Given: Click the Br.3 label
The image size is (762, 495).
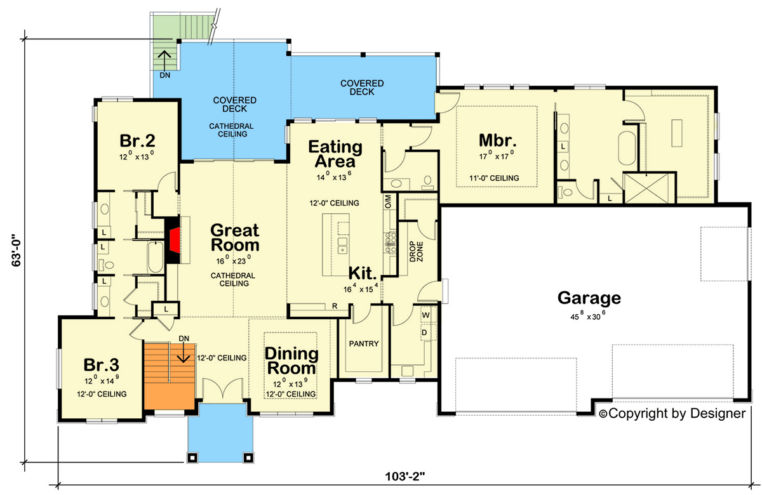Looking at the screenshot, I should (x=102, y=366).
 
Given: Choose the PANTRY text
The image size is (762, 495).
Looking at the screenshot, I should (x=364, y=344).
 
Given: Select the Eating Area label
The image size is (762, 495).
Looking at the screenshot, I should (x=335, y=154).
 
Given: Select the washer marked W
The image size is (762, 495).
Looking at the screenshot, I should (x=425, y=315).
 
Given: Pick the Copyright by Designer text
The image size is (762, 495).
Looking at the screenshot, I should (x=672, y=414).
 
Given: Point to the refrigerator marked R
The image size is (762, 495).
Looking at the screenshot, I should (x=334, y=307).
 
